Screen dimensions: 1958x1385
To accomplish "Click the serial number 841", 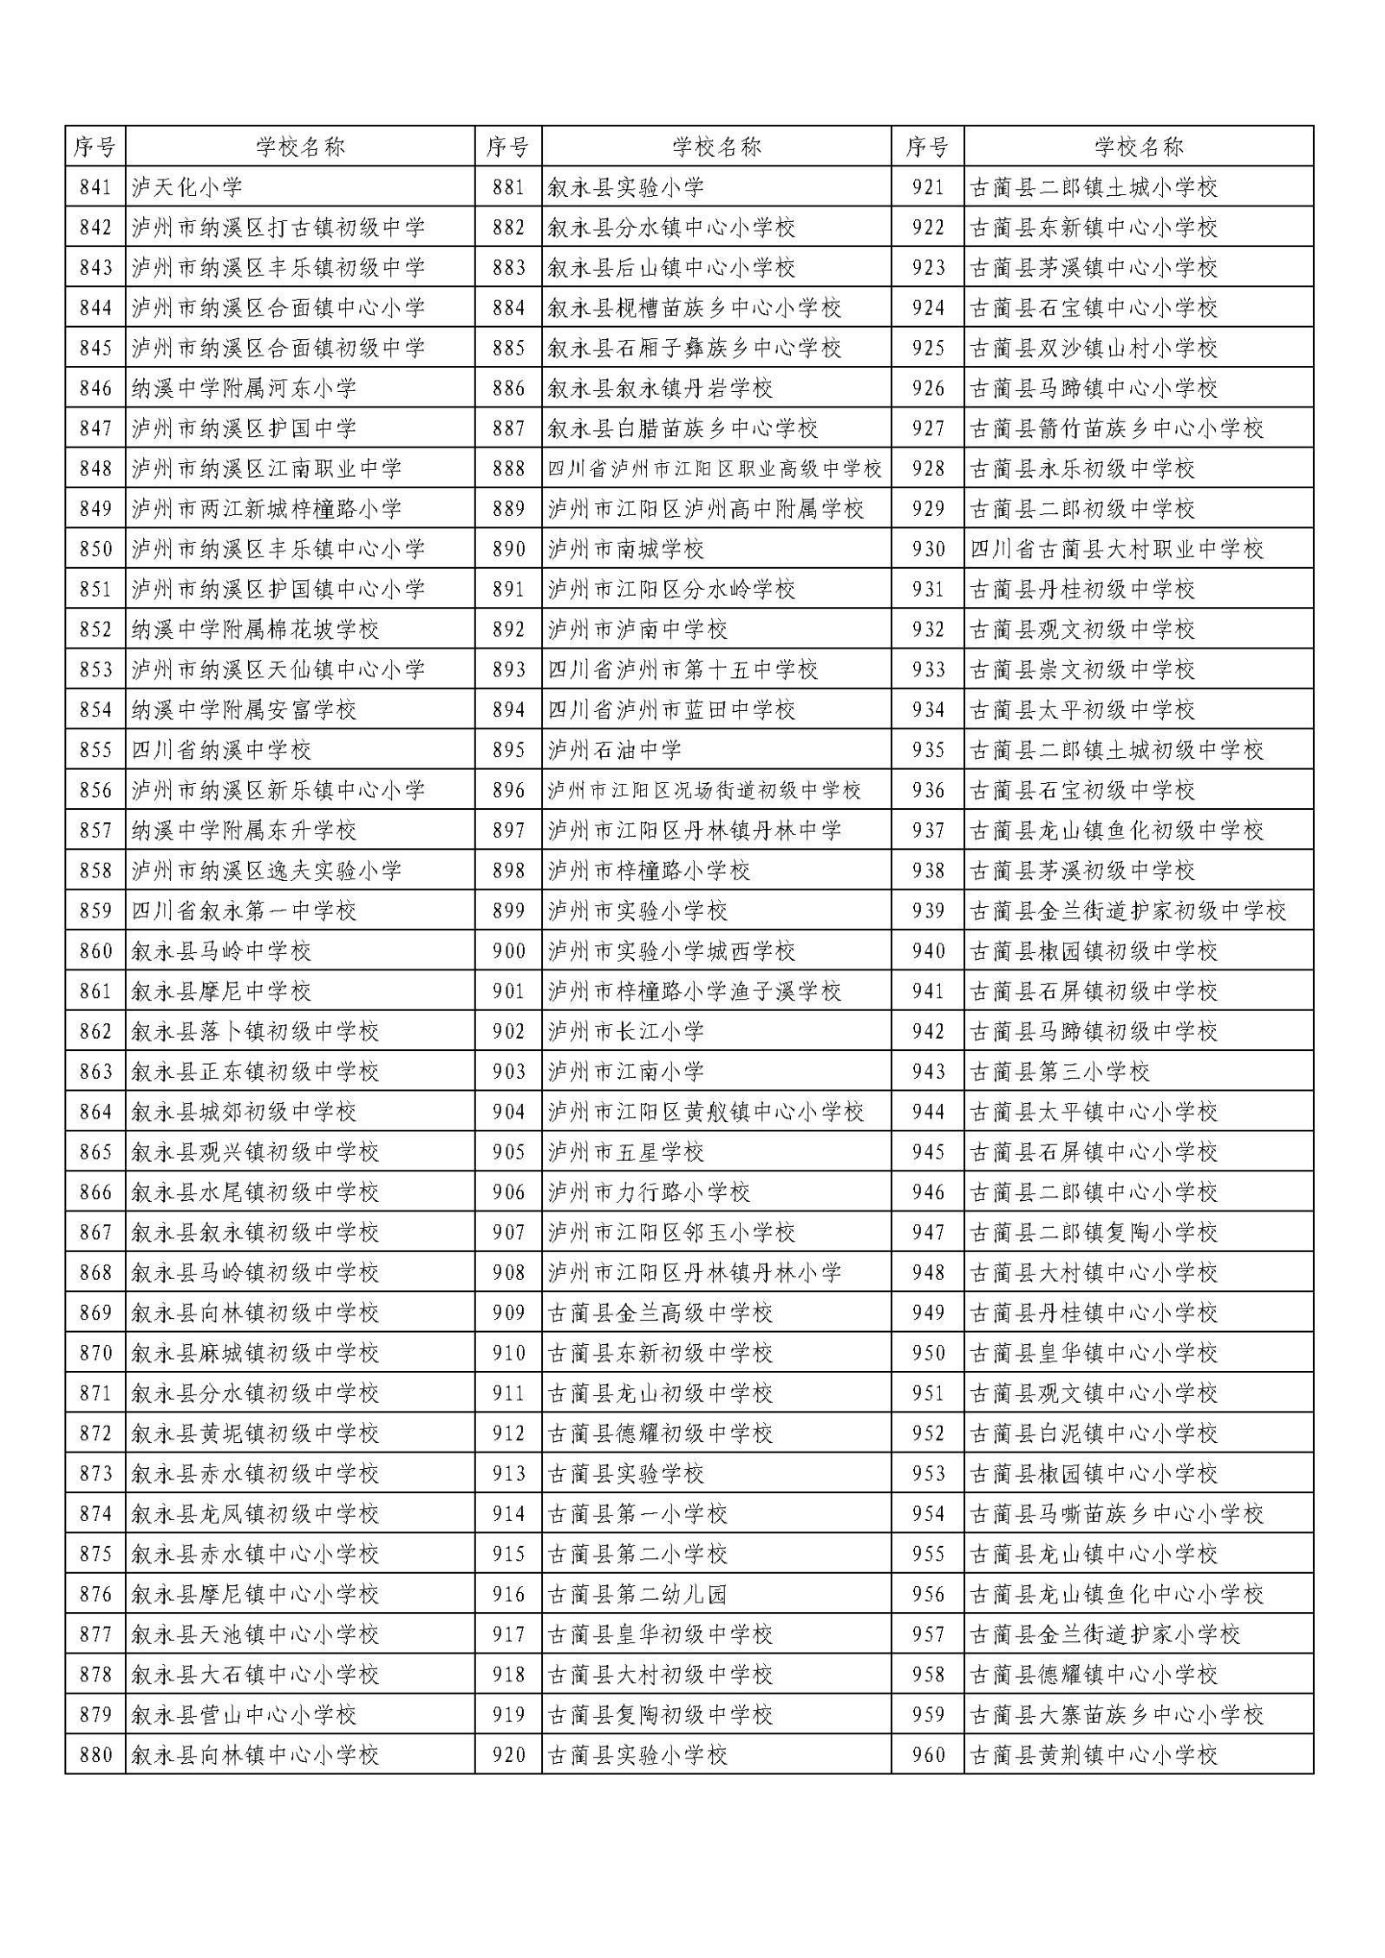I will [95, 187].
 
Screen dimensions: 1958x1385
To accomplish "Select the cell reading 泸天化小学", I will [186, 187].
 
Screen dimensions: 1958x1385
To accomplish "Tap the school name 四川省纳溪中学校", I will [221, 750].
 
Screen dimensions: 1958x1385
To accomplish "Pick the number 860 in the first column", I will [95, 951].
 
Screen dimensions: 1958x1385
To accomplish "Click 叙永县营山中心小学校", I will [244, 1714].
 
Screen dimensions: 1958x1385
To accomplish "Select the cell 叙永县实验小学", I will [625, 187].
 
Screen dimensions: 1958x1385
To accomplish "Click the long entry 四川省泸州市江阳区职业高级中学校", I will [715, 469].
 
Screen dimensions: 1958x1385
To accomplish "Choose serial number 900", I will [508, 951].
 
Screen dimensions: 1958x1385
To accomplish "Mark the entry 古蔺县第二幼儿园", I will [637, 1594].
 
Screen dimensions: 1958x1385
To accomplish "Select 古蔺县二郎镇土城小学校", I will [1094, 187].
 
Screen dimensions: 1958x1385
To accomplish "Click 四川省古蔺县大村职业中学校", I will [1116, 549].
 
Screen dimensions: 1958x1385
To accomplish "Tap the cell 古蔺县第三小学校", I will [1060, 1072].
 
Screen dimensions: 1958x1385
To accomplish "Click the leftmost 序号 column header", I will [95, 147].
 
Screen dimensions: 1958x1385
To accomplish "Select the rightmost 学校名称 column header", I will [1138, 147].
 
